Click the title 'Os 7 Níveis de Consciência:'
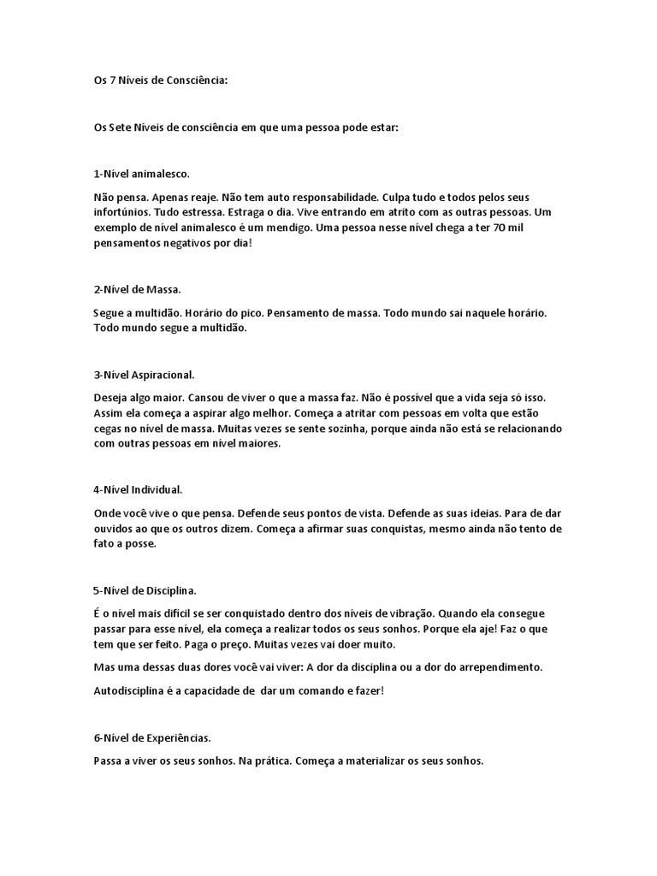(x=162, y=81)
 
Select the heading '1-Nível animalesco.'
(x=141, y=173)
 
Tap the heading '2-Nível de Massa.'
(x=138, y=290)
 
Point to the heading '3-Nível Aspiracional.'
(x=145, y=375)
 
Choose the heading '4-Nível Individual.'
(x=139, y=490)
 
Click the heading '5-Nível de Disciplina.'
(x=145, y=590)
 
